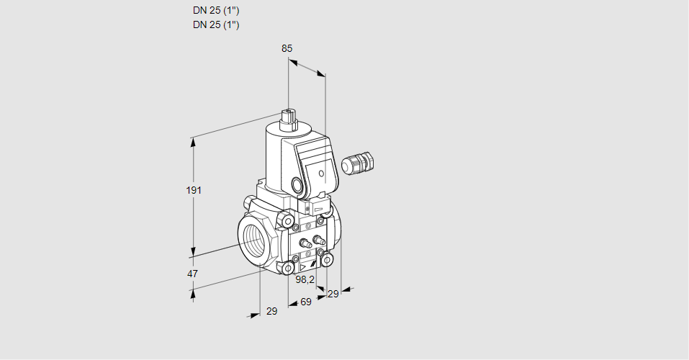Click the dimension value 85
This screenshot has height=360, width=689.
(x=287, y=48)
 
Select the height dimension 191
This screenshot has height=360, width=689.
(x=194, y=190)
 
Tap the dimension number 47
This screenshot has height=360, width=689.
(x=192, y=274)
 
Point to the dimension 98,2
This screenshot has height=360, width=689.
(x=305, y=279)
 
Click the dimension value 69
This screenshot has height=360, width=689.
(x=306, y=302)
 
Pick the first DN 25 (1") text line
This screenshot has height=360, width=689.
(x=216, y=11)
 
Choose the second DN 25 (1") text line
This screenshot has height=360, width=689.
(x=216, y=24)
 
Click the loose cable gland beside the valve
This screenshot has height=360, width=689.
(x=358, y=162)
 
